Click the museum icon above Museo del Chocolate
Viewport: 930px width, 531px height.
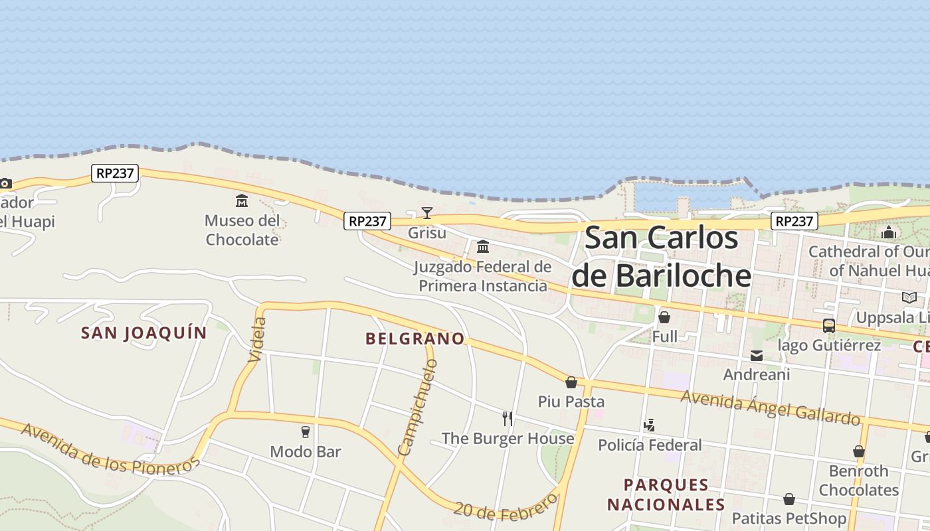(x=242, y=200)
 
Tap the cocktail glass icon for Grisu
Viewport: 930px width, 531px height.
(x=427, y=213)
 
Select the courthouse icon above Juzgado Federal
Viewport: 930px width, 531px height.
(x=483, y=247)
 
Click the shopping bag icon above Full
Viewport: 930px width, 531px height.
(x=664, y=317)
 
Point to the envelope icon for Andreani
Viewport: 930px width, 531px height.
(x=757, y=356)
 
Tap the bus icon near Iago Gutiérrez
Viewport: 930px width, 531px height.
(x=828, y=326)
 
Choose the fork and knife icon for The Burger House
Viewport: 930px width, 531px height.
(x=508, y=419)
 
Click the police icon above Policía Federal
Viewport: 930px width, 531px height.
(x=649, y=425)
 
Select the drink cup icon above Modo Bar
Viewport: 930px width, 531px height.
(x=306, y=432)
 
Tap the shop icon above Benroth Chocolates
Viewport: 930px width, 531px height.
(x=859, y=452)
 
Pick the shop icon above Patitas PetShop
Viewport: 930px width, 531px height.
(x=789, y=499)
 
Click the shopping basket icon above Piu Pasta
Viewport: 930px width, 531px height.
(x=571, y=382)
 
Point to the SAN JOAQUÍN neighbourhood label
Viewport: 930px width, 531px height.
(x=144, y=333)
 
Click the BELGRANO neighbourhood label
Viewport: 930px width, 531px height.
(x=415, y=339)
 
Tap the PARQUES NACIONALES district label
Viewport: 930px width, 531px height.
(x=666, y=494)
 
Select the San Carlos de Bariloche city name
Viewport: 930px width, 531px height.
(x=662, y=257)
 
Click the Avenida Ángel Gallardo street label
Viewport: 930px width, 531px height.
(x=771, y=407)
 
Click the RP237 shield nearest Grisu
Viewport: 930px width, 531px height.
(x=367, y=221)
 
